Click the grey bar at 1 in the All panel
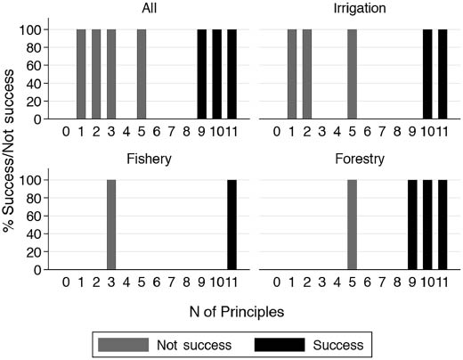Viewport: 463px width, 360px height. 81,74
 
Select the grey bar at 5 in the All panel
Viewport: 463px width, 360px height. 142,74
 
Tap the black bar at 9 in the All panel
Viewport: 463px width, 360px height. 201,74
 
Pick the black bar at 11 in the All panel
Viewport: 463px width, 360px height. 231,74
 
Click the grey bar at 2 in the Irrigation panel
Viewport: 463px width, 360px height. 307,74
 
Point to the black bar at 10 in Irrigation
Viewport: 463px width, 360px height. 427,74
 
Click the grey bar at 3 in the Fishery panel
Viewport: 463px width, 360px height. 111,224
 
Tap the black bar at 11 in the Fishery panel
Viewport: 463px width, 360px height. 231,224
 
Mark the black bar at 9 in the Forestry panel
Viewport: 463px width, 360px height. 412,224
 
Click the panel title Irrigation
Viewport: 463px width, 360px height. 360,11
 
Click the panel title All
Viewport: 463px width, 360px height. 149,11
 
